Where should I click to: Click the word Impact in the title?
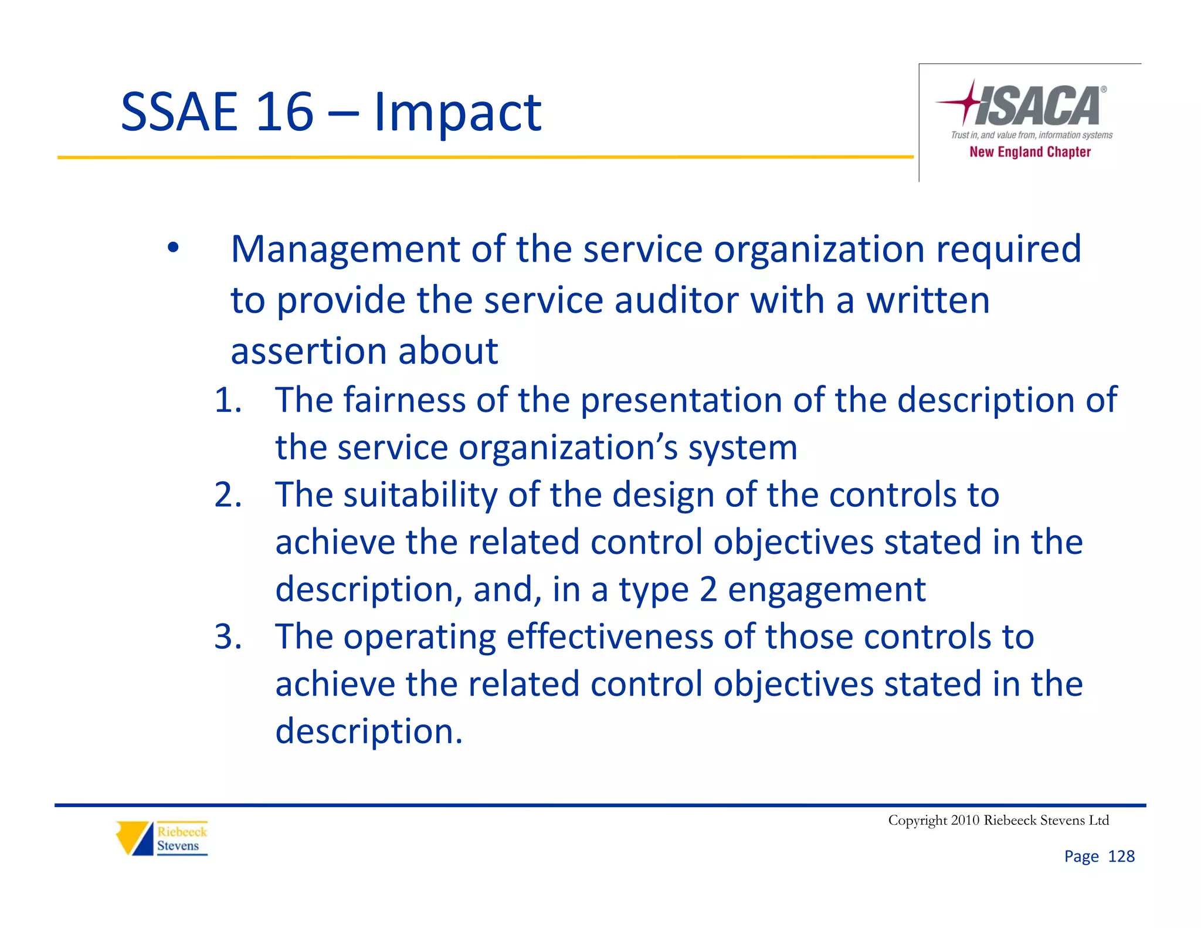(x=457, y=113)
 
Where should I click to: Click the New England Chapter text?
(x=1030, y=152)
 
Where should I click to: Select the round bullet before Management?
(x=172, y=249)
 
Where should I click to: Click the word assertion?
(x=309, y=351)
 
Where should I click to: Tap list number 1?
(x=228, y=401)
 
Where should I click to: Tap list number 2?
(x=228, y=495)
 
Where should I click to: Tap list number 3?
(x=228, y=637)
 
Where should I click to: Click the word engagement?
(x=826, y=590)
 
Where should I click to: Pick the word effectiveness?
(x=609, y=637)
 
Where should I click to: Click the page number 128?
(x=1121, y=856)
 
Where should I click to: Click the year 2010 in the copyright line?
(x=965, y=820)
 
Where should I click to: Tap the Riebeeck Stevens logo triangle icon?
(x=134, y=838)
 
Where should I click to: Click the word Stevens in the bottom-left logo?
(x=178, y=846)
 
